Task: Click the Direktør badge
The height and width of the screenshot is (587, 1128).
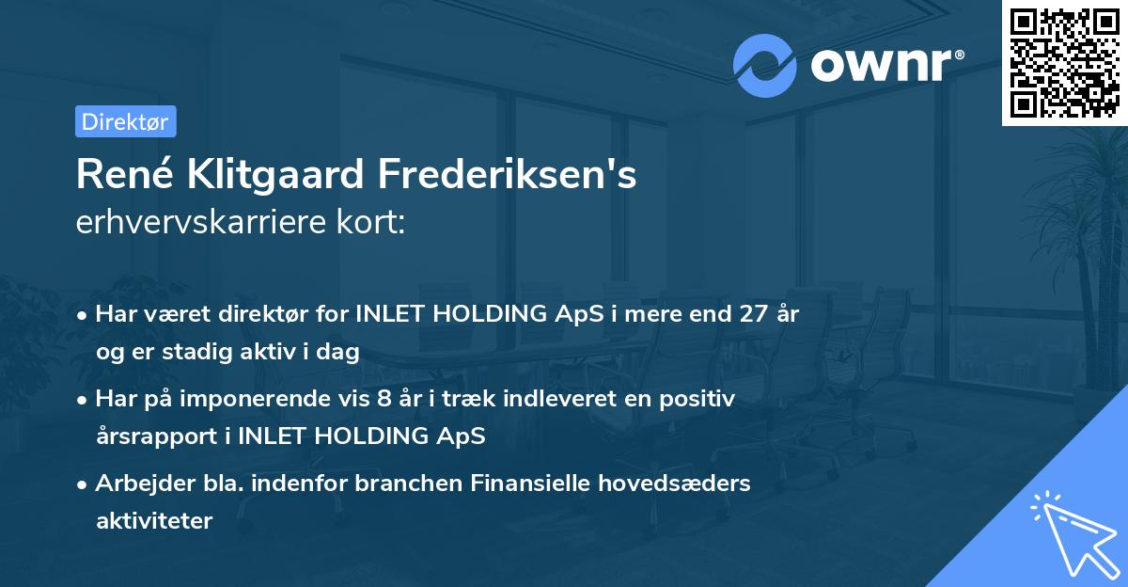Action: click(125, 121)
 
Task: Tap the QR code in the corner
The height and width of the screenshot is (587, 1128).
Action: click(1064, 62)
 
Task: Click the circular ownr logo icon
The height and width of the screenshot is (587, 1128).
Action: click(765, 65)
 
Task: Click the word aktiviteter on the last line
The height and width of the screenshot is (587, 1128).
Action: click(154, 521)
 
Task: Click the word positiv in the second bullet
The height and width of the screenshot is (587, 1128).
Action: click(701, 399)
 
